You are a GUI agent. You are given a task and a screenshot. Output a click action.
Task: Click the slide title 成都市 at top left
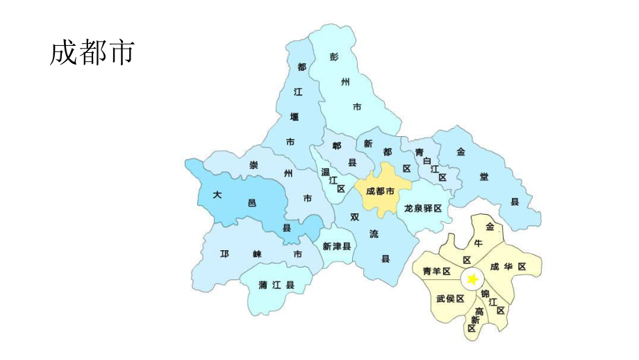pos(91,54)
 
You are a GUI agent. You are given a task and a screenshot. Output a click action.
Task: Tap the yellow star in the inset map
pos(472,279)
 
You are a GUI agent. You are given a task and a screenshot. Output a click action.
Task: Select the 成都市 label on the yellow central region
pos(380,191)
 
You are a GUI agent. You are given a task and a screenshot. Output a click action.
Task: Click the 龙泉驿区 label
pos(423,208)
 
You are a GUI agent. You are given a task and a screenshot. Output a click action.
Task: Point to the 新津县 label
pos(337,246)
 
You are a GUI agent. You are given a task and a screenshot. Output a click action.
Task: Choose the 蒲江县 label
pos(276,285)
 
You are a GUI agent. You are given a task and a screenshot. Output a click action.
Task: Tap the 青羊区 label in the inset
pos(437,271)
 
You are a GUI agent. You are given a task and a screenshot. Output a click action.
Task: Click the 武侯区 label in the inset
pos(450,298)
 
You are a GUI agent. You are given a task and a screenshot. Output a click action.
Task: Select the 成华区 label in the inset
pos(508,266)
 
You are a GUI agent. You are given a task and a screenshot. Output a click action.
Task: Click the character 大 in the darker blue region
pos(217,195)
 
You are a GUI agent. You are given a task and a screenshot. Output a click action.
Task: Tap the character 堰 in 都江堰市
pos(294,116)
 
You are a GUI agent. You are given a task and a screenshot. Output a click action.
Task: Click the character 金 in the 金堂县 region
pos(460,151)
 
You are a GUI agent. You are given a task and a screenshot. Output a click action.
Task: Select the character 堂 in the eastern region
pos(483,177)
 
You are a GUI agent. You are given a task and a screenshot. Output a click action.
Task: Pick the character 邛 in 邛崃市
pos(224,254)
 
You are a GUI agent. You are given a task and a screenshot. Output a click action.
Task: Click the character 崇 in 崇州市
pos(254,165)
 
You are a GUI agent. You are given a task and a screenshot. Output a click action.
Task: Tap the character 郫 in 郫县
pos(337,145)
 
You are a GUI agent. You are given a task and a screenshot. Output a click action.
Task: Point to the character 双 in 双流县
pos(355,217)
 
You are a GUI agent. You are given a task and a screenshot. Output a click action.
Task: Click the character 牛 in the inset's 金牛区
pos(478,243)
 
